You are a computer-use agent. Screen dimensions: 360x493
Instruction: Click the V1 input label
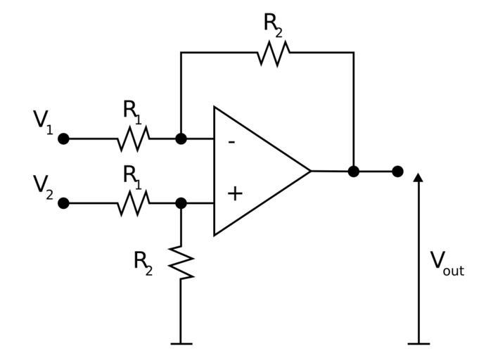[43, 120]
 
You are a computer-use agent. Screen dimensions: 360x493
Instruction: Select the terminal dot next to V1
[63, 139]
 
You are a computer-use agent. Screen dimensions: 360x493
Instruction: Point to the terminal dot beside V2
[63, 203]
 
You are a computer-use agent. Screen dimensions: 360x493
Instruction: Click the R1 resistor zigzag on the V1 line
[133, 139]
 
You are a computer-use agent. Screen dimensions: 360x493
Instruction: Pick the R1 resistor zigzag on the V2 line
[133, 203]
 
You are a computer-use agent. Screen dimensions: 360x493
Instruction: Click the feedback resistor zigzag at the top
[274, 53]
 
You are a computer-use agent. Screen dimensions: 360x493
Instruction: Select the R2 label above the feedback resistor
[274, 24]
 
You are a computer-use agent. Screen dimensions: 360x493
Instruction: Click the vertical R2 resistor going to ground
[181, 262]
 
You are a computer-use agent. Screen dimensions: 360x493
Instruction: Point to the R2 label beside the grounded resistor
[143, 262]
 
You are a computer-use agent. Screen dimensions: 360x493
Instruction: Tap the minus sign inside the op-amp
[232, 141]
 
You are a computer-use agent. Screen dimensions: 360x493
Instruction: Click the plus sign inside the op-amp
[235, 193]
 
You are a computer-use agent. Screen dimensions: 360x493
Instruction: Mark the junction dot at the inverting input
[181, 139]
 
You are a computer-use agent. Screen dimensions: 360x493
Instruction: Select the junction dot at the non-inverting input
[181, 203]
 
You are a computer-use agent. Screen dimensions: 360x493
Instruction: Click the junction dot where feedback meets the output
[354, 171]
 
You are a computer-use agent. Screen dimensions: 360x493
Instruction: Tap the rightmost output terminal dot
[397, 171]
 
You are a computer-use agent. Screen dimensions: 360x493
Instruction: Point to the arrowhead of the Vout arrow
[418, 177]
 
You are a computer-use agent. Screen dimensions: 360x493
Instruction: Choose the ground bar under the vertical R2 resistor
[181, 343]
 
